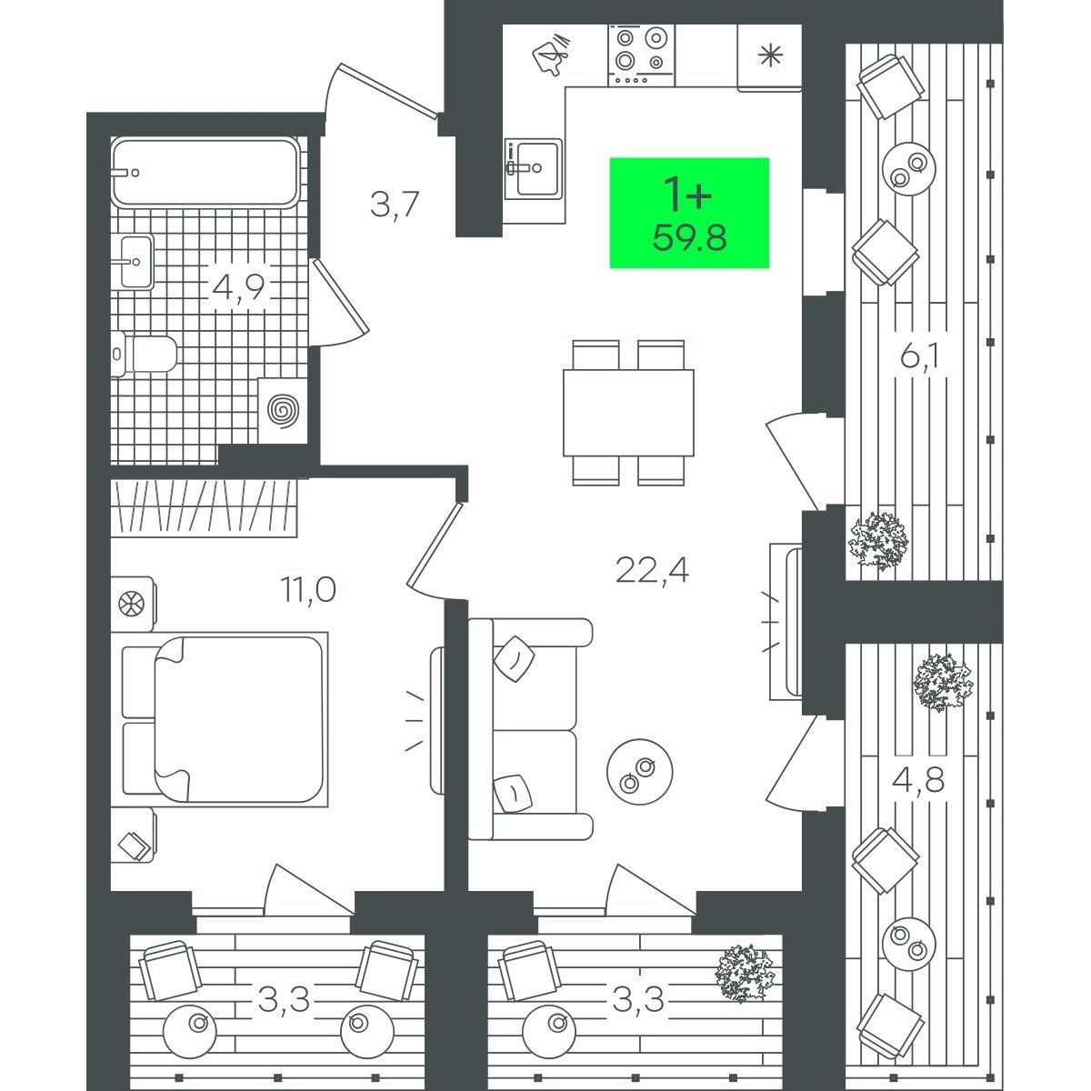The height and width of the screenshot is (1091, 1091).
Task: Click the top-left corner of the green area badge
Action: coord(610,158)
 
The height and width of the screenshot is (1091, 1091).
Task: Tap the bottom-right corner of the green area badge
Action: coord(769,268)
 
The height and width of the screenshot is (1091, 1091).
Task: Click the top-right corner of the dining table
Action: coord(694,370)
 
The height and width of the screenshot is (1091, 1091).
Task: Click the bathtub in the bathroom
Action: coord(205,172)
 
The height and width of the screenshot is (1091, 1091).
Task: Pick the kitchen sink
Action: coord(534,169)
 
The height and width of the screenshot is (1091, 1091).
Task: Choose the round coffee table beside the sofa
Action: coord(640,772)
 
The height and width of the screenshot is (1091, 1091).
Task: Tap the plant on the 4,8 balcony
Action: coord(943,682)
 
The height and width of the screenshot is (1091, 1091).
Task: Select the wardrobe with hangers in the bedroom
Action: coord(204,508)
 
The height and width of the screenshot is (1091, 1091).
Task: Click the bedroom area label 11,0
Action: coord(308,590)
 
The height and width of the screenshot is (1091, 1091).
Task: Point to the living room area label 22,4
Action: coord(652,571)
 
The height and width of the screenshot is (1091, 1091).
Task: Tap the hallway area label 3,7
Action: coord(394,205)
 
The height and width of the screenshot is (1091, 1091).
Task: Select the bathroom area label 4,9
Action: coord(238,287)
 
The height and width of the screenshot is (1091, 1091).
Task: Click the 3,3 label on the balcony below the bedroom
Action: coord(284,999)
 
